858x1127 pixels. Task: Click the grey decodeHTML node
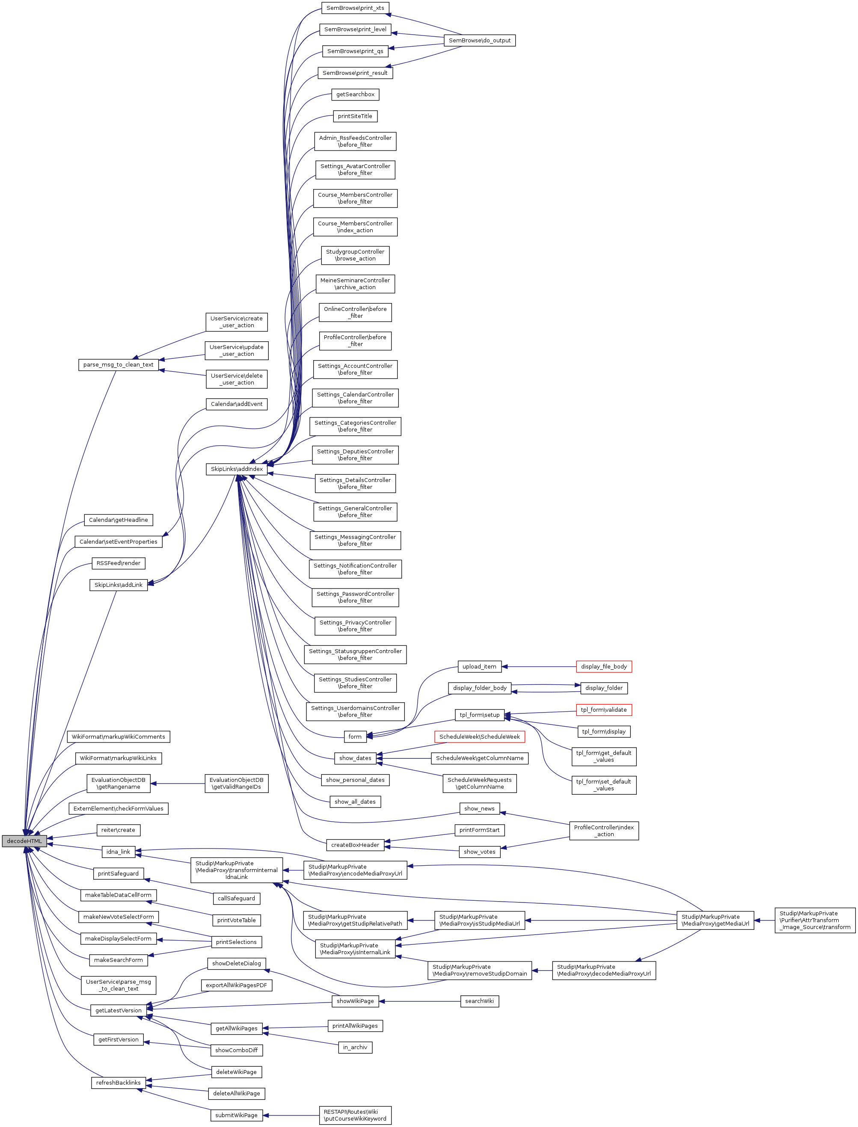pyautogui.click(x=24, y=841)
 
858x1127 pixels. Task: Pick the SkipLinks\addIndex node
pyautogui.click(x=237, y=469)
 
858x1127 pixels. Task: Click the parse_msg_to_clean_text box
pyautogui.click(x=118, y=364)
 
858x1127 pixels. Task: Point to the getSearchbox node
pyautogui.click(x=355, y=95)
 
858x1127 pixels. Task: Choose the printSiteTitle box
pyautogui.click(x=355, y=116)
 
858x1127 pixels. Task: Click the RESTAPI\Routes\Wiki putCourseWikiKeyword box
pyautogui.click(x=355, y=1115)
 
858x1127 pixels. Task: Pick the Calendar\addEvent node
pyautogui.click(x=237, y=404)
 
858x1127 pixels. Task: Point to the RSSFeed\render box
pyautogui.click(x=118, y=563)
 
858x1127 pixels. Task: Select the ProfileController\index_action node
pyautogui.click(x=604, y=831)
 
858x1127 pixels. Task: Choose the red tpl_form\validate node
pyautogui.click(x=604, y=710)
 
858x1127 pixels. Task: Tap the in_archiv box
pyautogui.click(x=355, y=1047)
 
